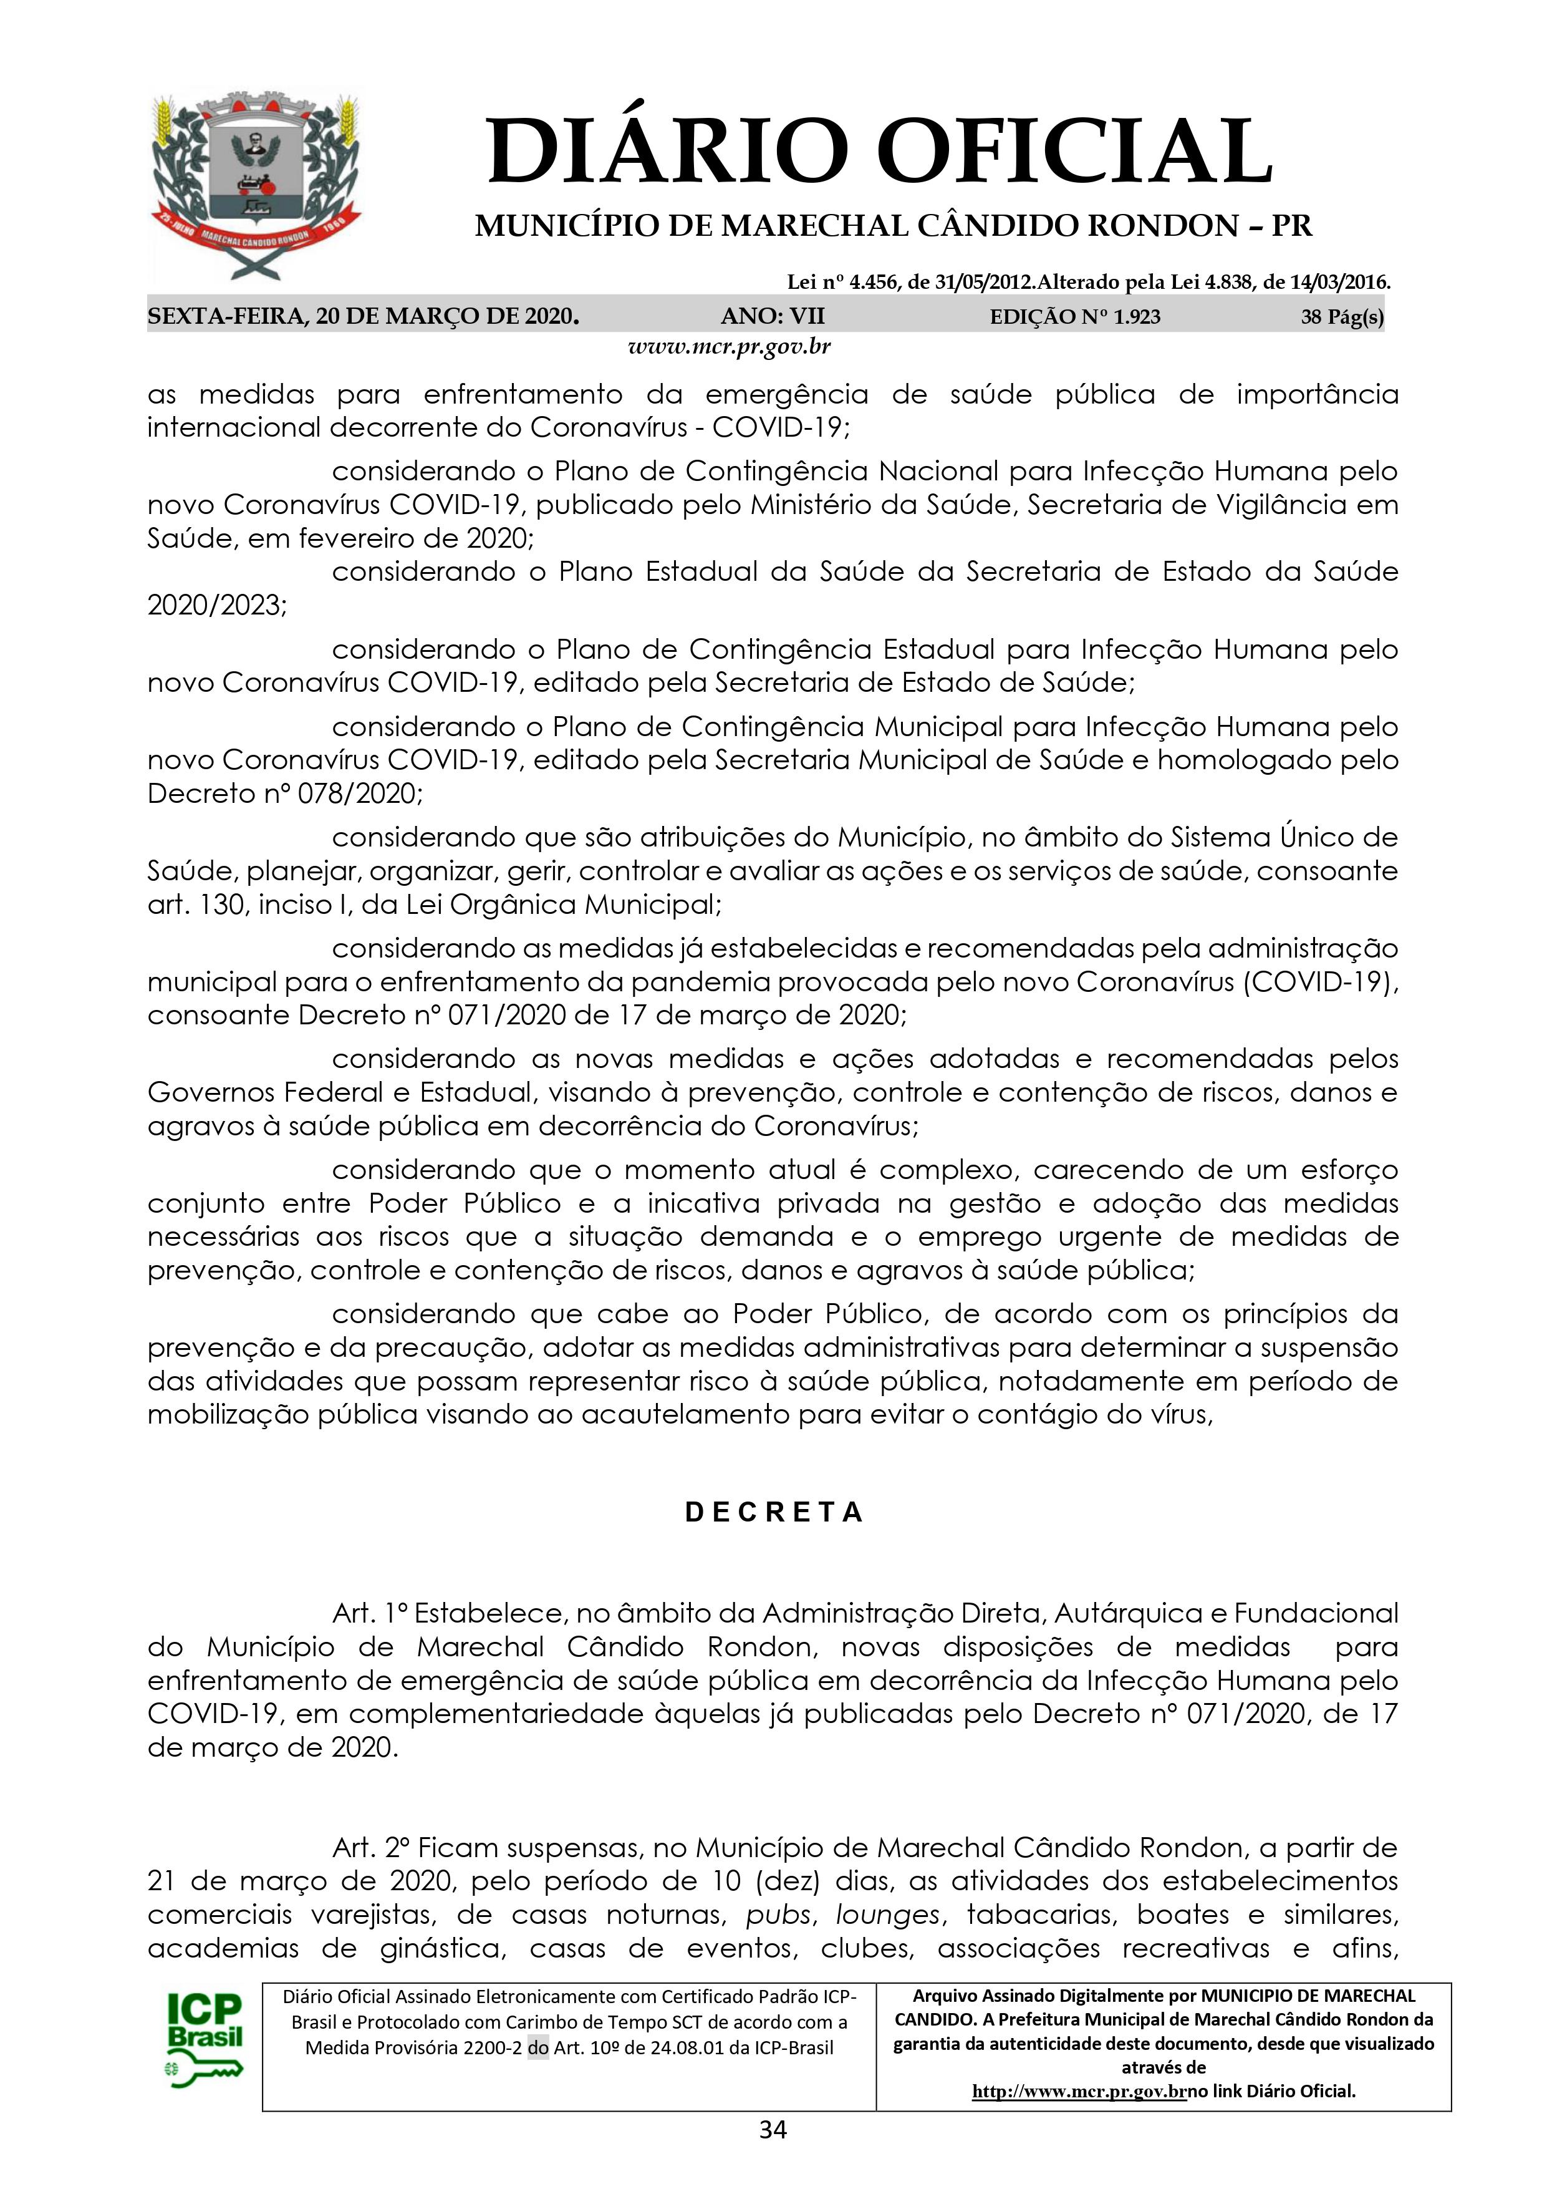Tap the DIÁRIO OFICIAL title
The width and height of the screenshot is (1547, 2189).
pos(879,150)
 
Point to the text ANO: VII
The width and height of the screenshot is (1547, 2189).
pos(773,316)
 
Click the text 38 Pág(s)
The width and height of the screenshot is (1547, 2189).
pos(1342,316)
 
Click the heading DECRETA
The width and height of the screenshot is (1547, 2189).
pos(774,1512)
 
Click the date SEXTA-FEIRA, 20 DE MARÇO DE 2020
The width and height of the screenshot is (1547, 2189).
pos(363,316)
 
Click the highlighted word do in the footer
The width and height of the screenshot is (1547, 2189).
pos(537,2047)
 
